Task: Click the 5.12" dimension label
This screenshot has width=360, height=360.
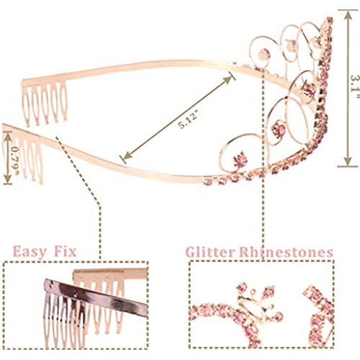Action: coord(189,120)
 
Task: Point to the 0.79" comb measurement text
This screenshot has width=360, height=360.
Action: coord(16,158)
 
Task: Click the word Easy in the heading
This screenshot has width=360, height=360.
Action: coord(30,252)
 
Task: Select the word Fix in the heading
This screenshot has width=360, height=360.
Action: coord(65,251)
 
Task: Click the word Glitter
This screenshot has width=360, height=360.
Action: coord(210,252)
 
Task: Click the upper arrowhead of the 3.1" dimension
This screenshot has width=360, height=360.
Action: coord(348,14)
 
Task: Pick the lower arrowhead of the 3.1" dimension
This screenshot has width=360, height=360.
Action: coord(348,161)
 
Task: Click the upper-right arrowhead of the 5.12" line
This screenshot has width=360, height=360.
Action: coord(228,78)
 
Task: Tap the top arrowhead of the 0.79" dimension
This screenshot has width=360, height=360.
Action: coord(8,135)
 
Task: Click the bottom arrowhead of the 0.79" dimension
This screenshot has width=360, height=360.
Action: coord(8,180)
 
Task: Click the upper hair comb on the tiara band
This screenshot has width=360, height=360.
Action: coord(45,102)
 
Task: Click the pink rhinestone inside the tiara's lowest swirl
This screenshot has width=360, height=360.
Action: coord(239,158)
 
